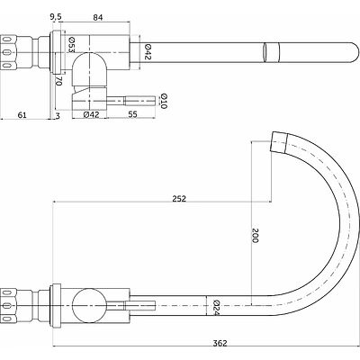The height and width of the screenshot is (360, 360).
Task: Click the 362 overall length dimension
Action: [x=220, y=343]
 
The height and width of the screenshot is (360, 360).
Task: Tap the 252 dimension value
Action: [x=179, y=199]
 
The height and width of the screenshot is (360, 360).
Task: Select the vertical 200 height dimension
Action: [x=255, y=236]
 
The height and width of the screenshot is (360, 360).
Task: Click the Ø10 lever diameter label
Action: [x=164, y=101]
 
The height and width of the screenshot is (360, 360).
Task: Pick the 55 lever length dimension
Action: [x=132, y=114]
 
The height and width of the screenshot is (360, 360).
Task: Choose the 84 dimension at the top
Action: [x=98, y=18]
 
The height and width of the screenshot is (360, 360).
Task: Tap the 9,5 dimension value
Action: [x=56, y=18]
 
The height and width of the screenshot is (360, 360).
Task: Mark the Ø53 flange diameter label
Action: [x=71, y=45]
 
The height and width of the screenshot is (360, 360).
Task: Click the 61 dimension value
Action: [x=22, y=114]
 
